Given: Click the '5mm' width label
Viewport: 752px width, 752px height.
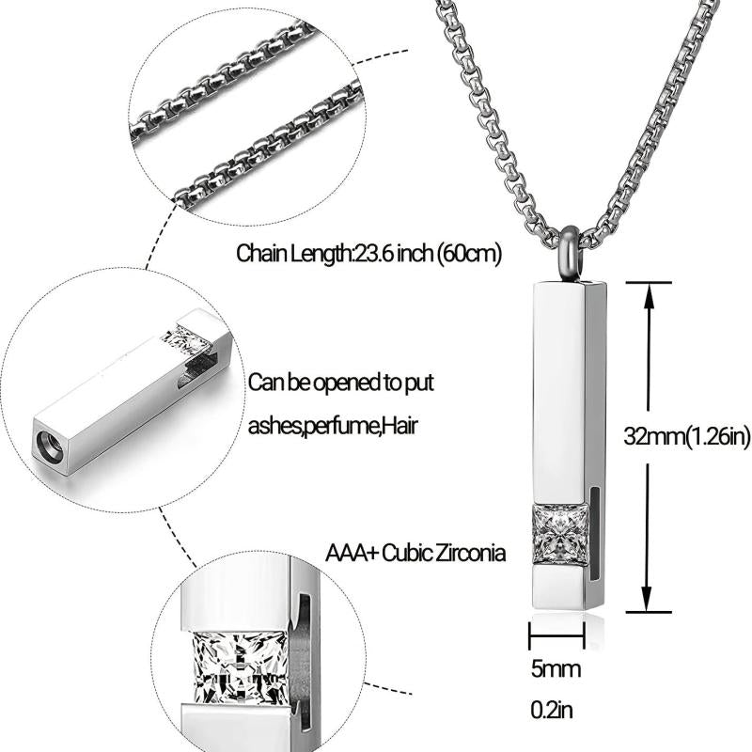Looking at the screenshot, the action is click(556, 669).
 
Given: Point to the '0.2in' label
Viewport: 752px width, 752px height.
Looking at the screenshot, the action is click(552, 711).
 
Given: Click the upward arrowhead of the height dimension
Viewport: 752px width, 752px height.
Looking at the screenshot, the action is click(649, 296).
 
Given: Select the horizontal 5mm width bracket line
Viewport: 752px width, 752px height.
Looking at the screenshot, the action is click(556, 636).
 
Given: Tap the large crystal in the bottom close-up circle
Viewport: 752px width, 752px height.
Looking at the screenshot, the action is click(240, 668).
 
